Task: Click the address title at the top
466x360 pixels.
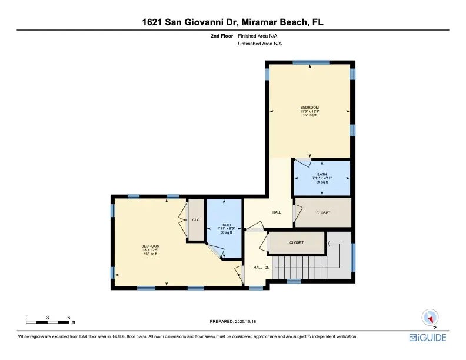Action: [x=232, y=22]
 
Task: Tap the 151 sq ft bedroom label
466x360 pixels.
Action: [x=309, y=111]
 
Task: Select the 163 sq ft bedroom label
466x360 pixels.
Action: [x=151, y=250]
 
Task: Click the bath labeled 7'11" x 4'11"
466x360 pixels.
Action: [x=322, y=178]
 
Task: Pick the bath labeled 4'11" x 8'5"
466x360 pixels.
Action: [x=226, y=228]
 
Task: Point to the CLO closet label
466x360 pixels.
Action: [x=196, y=220]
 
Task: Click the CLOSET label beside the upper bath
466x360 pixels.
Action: [x=323, y=213]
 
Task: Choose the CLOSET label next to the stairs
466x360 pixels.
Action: [x=297, y=242]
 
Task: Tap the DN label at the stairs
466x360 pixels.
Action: [x=267, y=267]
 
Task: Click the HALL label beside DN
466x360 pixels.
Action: [x=258, y=267]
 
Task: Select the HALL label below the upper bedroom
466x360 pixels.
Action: [x=277, y=212]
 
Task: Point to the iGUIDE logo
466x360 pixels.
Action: [x=428, y=338]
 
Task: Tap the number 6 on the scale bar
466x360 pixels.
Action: [x=69, y=318]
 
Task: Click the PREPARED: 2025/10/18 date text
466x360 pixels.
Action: [x=232, y=321]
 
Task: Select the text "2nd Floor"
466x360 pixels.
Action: [x=222, y=36]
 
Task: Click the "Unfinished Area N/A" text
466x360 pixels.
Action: [x=259, y=44]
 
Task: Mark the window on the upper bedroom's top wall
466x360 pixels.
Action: [x=311, y=62]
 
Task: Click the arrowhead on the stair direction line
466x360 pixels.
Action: [x=329, y=244]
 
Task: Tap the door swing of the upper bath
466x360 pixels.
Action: [x=303, y=163]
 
